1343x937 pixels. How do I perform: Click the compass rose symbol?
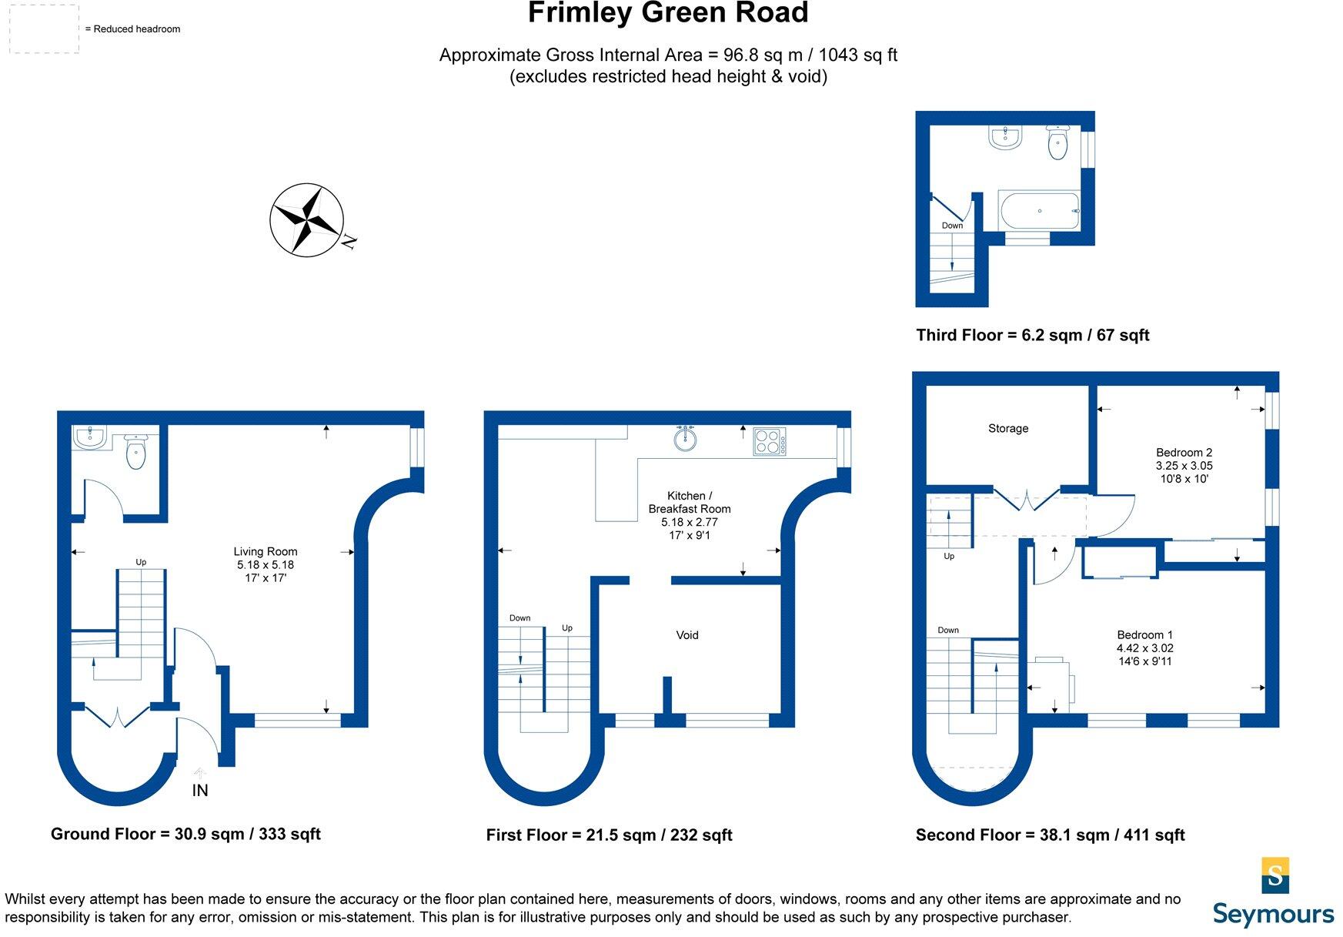(307, 219)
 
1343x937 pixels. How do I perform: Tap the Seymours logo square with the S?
(1275, 875)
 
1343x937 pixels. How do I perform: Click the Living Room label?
(266, 551)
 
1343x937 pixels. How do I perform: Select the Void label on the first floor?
(687, 635)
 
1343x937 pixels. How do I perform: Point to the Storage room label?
(1008, 428)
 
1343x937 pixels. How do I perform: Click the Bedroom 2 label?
(1184, 453)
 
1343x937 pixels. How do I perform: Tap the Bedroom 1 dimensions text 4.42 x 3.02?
(1145, 648)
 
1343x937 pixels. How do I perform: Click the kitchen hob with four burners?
(770, 442)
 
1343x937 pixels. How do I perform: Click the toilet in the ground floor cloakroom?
(135, 451)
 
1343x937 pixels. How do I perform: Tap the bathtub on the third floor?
(1039, 210)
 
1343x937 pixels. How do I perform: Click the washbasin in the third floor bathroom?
(1005, 138)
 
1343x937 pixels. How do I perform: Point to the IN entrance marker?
(200, 790)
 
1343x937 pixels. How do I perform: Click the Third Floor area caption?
(1032, 335)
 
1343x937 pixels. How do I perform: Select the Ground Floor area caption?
(185, 834)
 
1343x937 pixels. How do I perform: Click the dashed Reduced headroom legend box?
(44, 29)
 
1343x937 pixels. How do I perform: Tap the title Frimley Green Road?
(668, 13)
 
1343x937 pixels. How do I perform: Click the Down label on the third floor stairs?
(952, 226)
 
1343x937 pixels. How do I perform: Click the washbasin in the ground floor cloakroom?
(90, 438)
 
